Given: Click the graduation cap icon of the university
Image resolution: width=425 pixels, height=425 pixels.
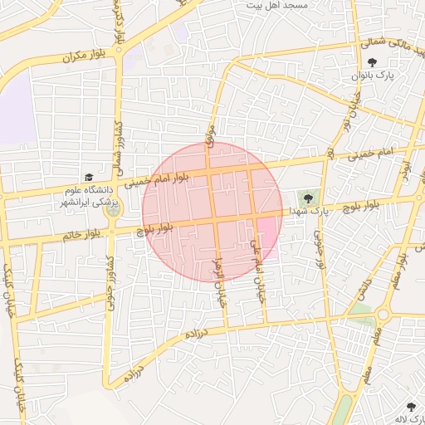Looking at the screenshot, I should point(89,177).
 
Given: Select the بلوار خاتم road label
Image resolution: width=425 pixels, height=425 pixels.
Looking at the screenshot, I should point(88,236).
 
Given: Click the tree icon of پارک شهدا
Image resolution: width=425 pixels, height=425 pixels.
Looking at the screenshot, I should point(309,198).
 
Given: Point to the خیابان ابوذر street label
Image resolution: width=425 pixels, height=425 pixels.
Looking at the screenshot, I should point(222,281).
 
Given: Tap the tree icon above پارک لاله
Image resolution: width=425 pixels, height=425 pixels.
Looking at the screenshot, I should point(411,406).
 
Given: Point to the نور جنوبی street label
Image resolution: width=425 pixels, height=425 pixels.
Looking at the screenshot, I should point(319,249).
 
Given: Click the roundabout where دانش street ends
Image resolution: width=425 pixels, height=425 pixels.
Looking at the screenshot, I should point(383,315).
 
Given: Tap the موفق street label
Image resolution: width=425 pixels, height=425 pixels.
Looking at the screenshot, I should point(211,137).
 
